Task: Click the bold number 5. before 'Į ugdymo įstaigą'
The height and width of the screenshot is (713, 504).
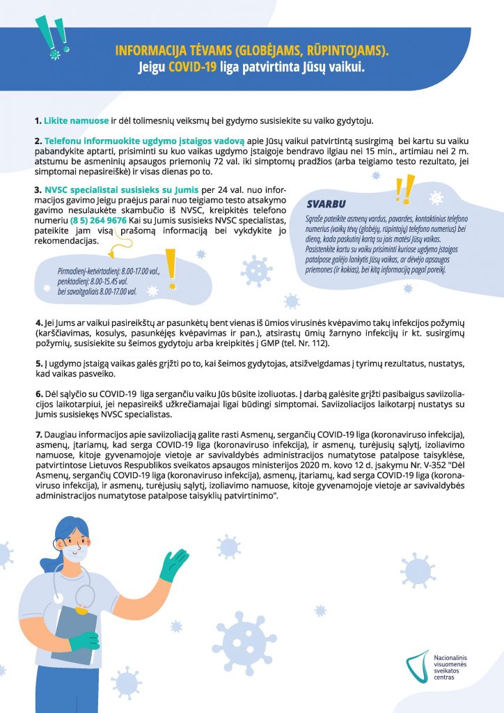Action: click(39, 363)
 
